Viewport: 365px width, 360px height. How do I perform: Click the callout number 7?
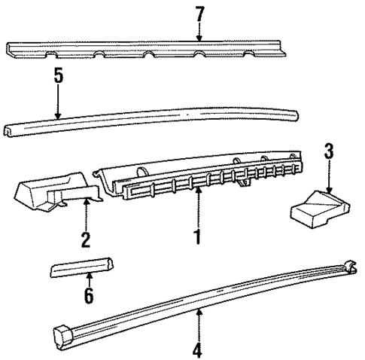tap(200, 14)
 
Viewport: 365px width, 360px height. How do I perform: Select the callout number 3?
tap(329, 151)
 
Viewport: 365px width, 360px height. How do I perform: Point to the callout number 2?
tap(86, 239)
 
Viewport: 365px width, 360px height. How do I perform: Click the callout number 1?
tap(198, 236)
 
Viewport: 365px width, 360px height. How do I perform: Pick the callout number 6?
tap(89, 295)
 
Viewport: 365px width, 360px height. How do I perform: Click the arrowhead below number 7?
tap(199, 38)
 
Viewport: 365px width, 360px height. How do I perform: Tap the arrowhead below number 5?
tap(58, 116)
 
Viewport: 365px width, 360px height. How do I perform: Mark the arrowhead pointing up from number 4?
tap(199, 312)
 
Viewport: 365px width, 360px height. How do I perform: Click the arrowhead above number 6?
tap(89, 275)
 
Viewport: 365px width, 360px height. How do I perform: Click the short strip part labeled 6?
tap(82, 267)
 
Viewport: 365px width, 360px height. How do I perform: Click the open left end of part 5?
tap(8, 131)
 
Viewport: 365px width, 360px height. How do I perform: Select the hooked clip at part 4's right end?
tap(350, 267)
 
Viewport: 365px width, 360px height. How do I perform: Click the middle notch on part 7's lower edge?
tap(149, 53)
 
